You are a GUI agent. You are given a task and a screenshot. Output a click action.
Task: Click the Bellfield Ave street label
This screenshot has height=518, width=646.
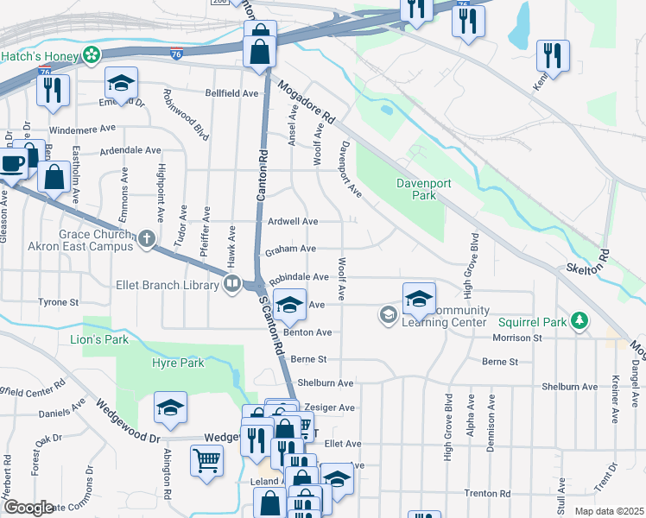pyautogui.click(x=231, y=92)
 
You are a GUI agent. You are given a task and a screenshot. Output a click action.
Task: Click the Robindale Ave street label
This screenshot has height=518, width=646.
pyautogui.click(x=299, y=278)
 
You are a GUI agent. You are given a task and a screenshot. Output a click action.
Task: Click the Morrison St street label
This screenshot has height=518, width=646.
pyautogui.click(x=516, y=338)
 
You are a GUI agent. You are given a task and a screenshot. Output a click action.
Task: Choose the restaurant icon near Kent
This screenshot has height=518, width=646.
pyautogui.click(x=552, y=55)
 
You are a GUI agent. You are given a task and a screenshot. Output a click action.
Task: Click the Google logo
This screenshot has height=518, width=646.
pyautogui.click(x=28, y=508)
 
